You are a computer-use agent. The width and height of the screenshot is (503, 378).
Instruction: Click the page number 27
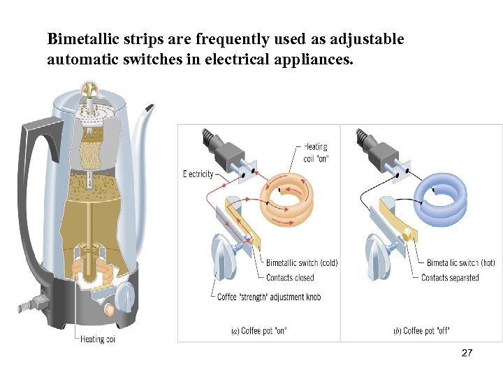tap(467, 353)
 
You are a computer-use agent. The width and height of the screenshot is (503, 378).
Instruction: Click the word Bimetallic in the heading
tap(81, 39)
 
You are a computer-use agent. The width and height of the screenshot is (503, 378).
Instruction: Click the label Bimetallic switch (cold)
tap(301, 263)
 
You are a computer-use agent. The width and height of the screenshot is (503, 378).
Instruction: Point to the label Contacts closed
tap(290, 278)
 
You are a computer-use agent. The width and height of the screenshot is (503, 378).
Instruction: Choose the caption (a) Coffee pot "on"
tap(260, 330)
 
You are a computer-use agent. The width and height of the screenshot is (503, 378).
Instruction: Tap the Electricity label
tap(198, 174)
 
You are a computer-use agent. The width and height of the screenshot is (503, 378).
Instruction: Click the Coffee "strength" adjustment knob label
tap(270, 297)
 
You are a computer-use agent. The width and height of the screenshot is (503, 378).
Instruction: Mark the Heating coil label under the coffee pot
tap(97, 339)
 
